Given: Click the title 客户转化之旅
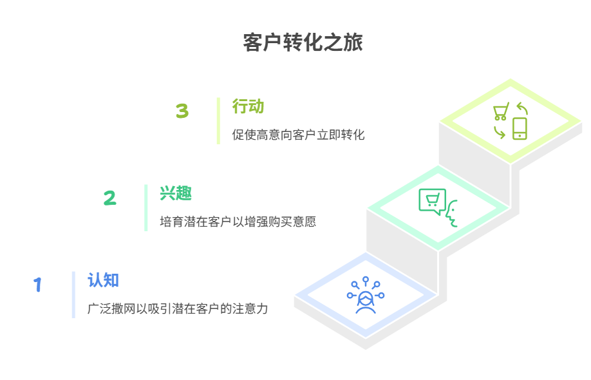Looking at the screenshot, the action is click(x=303, y=43).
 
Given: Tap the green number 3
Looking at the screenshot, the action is click(x=182, y=111).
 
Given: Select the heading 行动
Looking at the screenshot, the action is click(x=249, y=106).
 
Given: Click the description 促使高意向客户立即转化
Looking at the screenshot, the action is click(x=298, y=135).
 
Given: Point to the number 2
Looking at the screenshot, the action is click(x=110, y=198).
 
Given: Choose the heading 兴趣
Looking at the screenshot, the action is click(x=176, y=193).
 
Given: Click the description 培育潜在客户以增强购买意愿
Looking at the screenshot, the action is click(x=238, y=222).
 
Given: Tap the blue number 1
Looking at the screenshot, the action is click(x=38, y=285).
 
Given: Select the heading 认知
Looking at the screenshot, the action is click(x=103, y=280).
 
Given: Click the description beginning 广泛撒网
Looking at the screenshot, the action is click(x=178, y=309).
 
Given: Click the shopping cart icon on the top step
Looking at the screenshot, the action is click(x=500, y=112).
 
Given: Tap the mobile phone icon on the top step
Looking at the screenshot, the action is click(x=520, y=128).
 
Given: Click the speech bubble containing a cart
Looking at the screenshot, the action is click(x=432, y=201).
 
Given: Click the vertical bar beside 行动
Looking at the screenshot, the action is click(x=218, y=120).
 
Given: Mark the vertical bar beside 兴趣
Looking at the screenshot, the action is click(x=146, y=207).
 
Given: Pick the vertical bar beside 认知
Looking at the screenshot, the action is click(x=73, y=294).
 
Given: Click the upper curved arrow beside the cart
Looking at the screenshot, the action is click(x=521, y=109).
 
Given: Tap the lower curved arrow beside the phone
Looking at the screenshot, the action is click(x=499, y=132).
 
